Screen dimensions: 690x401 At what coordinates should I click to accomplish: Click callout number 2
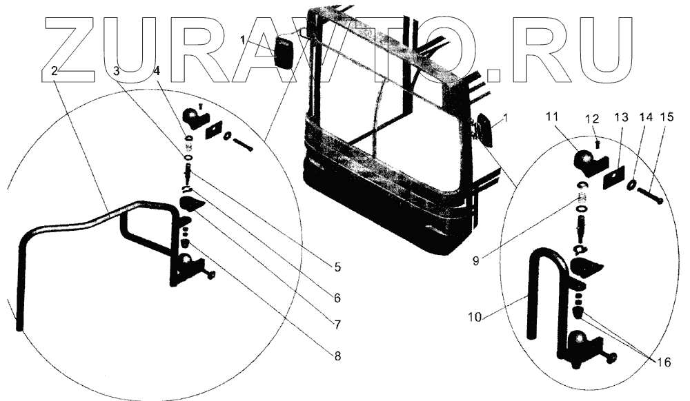55,70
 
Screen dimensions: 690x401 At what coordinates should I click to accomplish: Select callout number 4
157,70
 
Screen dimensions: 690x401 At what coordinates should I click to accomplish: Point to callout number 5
337,266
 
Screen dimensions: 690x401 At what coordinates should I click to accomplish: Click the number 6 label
337,298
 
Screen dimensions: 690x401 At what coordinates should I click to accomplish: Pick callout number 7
337,322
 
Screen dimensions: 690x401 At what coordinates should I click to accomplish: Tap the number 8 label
337,356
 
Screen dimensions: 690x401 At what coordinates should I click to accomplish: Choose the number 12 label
592,119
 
